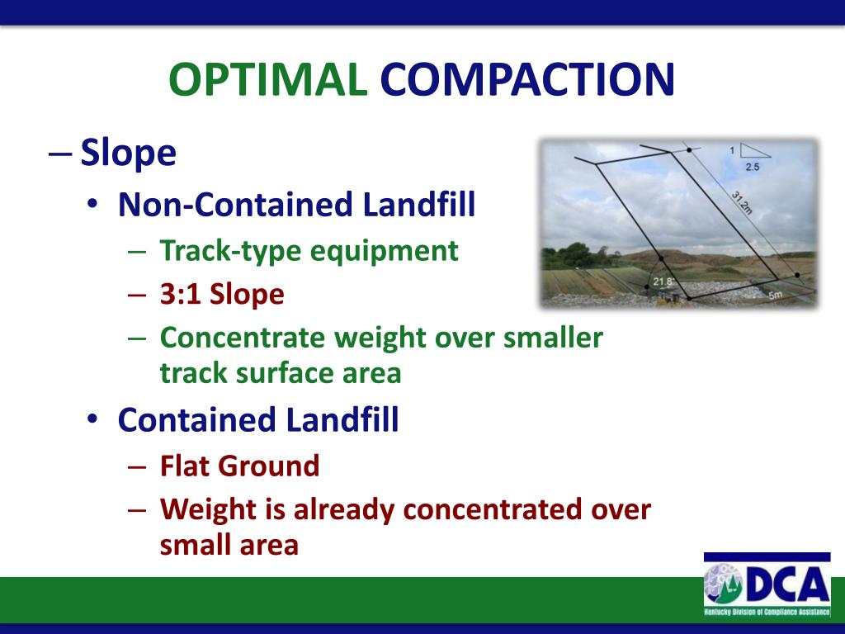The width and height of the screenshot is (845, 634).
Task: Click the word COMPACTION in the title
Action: pyautogui.click(x=527, y=80)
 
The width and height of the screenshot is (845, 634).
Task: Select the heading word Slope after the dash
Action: pyautogui.click(x=128, y=154)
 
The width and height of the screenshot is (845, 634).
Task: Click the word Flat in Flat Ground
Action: pyautogui.click(x=185, y=466)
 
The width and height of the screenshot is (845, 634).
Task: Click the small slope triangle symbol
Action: pyautogui.click(x=754, y=150)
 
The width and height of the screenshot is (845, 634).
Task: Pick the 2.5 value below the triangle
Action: pyautogui.click(x=753, y=168)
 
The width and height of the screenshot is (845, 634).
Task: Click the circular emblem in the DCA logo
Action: pyautogui.click(x=725, y=586)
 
